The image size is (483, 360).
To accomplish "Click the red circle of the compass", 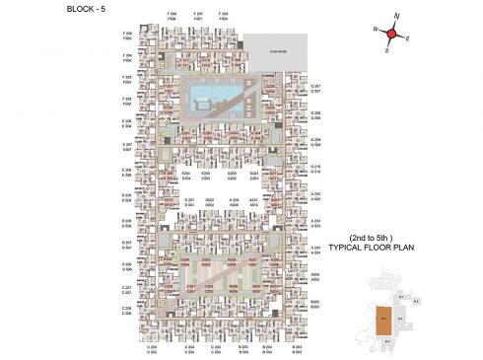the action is click(x=391, y=35).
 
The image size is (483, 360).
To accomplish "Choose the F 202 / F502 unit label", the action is click(x=127, y=102).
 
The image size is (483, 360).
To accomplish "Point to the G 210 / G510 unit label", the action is click(x=316, y=169).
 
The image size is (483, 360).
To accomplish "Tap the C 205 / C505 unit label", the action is click(x=152, y=350).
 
